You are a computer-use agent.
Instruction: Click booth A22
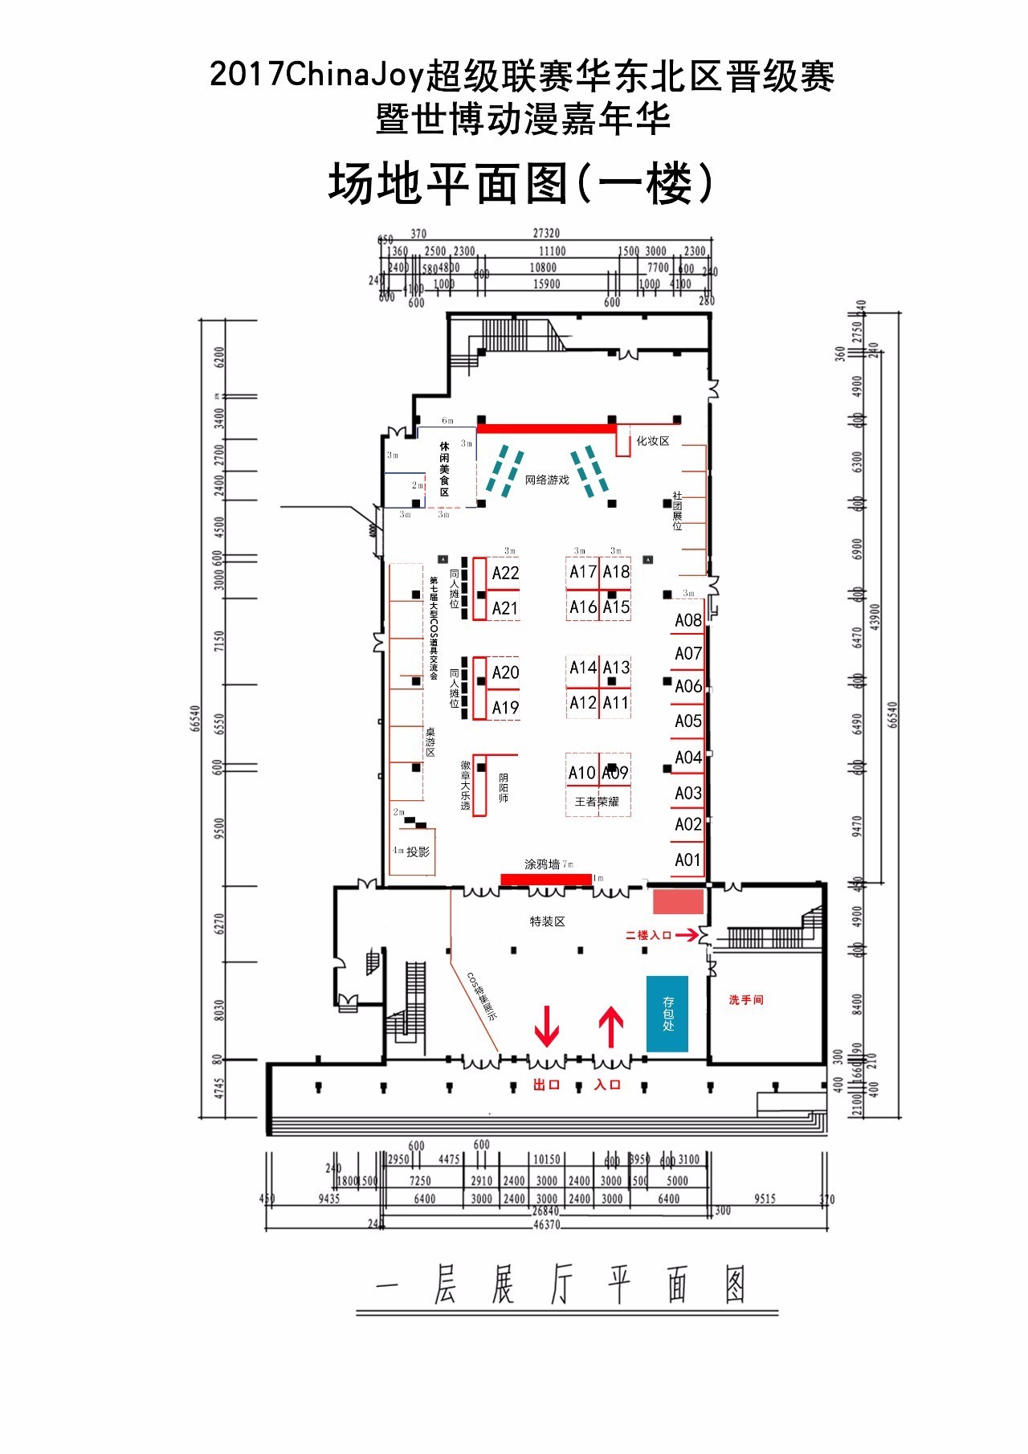(505, 573)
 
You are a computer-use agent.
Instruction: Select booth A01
(687, 860)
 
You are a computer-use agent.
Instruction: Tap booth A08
(687, 620)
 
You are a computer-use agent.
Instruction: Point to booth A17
(583, 572)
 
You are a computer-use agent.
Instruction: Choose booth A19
(505, 708)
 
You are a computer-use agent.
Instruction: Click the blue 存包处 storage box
(667, 1014)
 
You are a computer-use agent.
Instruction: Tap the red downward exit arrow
(547, 1026)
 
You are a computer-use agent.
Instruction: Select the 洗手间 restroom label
(746, 1000)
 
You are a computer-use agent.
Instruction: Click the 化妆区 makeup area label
(652, 441)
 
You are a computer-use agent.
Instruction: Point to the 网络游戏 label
(547, 480)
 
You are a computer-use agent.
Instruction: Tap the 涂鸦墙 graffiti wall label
(542, 864)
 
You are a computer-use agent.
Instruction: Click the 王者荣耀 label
(597, 802)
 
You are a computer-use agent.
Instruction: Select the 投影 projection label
(418, 852)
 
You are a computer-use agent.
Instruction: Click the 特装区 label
(547, 921)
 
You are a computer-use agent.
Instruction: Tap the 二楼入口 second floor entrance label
(648, 935)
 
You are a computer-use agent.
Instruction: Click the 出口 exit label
(546, 1084)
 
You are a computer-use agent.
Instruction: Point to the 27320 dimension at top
(546, 233)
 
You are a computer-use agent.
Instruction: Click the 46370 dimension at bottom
(546, 1225)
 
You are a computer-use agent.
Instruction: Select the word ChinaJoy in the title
(354, 76)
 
